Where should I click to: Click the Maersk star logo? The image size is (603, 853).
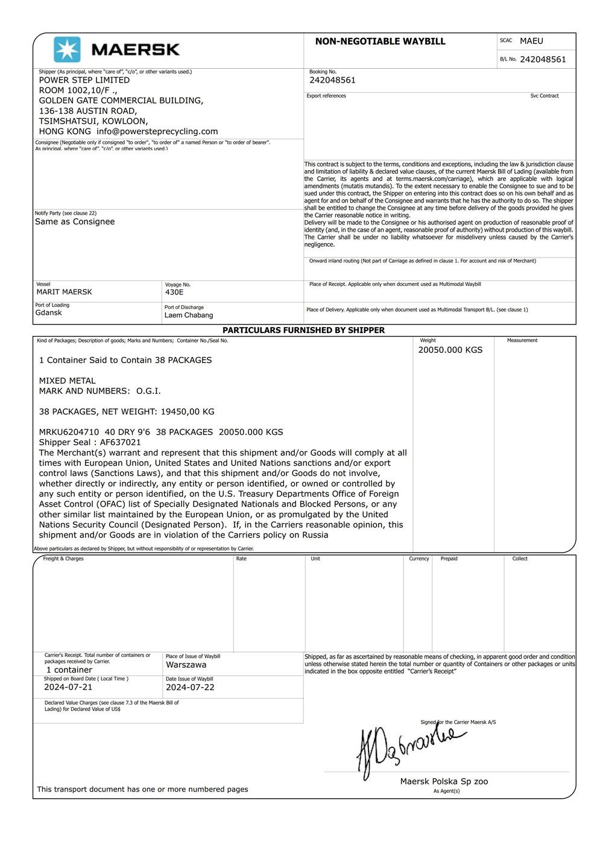click(x=66, y=49)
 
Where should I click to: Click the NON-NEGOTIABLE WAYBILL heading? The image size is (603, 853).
click(x=380, y=42)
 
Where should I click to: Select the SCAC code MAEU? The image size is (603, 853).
click(x=531, y=41)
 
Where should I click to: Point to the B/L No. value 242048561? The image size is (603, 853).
click(x=543, y=60)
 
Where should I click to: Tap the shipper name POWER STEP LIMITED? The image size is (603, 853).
click(x=84, y=80)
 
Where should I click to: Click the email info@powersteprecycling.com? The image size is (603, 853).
click(x=157, y=132)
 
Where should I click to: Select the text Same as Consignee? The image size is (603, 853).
click(x=75, y=221)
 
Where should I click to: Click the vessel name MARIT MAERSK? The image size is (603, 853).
click(x=65, y=292)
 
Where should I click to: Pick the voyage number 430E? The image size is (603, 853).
click(x=174, y=292)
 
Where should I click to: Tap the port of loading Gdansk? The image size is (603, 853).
click(x=49, y=312)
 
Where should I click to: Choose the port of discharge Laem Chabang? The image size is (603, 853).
click(x=189, y=315)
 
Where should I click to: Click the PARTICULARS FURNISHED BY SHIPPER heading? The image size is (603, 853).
click(x=303, y=330)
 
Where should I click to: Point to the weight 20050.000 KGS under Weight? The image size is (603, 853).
click(x=450, y=350)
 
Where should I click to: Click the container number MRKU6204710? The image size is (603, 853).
click(x=69, y=432)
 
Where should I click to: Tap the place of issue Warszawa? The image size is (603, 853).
click(x=186, y=665)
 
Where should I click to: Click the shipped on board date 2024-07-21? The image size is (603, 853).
click(x=68, y=687)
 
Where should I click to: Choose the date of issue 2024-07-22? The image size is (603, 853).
click(x=190, y=687)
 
